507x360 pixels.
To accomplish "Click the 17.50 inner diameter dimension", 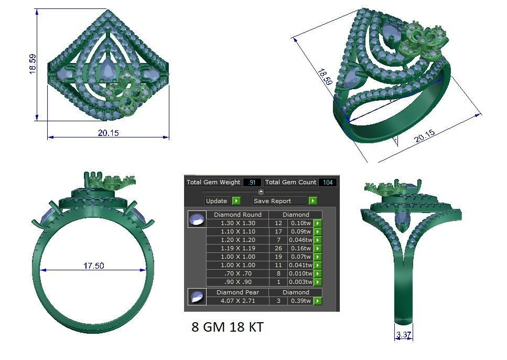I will (93, 266).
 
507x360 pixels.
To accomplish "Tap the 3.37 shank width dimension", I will (403, 335).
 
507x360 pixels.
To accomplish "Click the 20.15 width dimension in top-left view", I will (108, 133).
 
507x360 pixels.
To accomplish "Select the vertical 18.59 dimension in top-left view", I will (33, 64).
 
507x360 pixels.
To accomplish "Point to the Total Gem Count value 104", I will (327, 182).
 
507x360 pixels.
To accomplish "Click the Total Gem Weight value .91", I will (252, 182).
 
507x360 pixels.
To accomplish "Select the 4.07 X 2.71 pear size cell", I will (238, 301).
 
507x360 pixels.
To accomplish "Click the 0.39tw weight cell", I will (300, 301).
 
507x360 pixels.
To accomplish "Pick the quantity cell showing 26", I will (278, 248).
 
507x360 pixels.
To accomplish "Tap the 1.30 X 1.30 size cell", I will (238, 223).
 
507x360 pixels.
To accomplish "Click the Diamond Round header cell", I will (238, 215).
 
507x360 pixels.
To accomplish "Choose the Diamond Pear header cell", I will (238, 292).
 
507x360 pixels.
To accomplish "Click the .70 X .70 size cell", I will (238, 273).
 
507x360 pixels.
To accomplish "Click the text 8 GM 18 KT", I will (227, 327).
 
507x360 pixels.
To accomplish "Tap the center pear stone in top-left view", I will (109, 71).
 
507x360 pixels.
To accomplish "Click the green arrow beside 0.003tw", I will (318, 282).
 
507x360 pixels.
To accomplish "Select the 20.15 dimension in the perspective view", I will (425, 136).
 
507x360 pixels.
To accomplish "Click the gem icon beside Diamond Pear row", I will (197, 297).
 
